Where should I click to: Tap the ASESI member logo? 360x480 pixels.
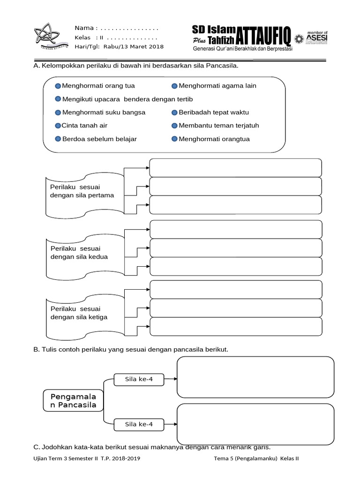317,37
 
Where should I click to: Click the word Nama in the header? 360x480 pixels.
85,28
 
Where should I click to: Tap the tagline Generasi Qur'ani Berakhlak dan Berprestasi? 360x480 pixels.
243,49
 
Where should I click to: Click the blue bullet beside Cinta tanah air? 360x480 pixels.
58,126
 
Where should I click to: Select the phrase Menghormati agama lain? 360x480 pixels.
217,86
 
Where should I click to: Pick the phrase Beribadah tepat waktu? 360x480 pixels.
214,112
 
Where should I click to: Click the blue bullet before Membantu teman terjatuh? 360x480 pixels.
174,126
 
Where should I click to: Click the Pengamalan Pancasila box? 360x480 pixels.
73,400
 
